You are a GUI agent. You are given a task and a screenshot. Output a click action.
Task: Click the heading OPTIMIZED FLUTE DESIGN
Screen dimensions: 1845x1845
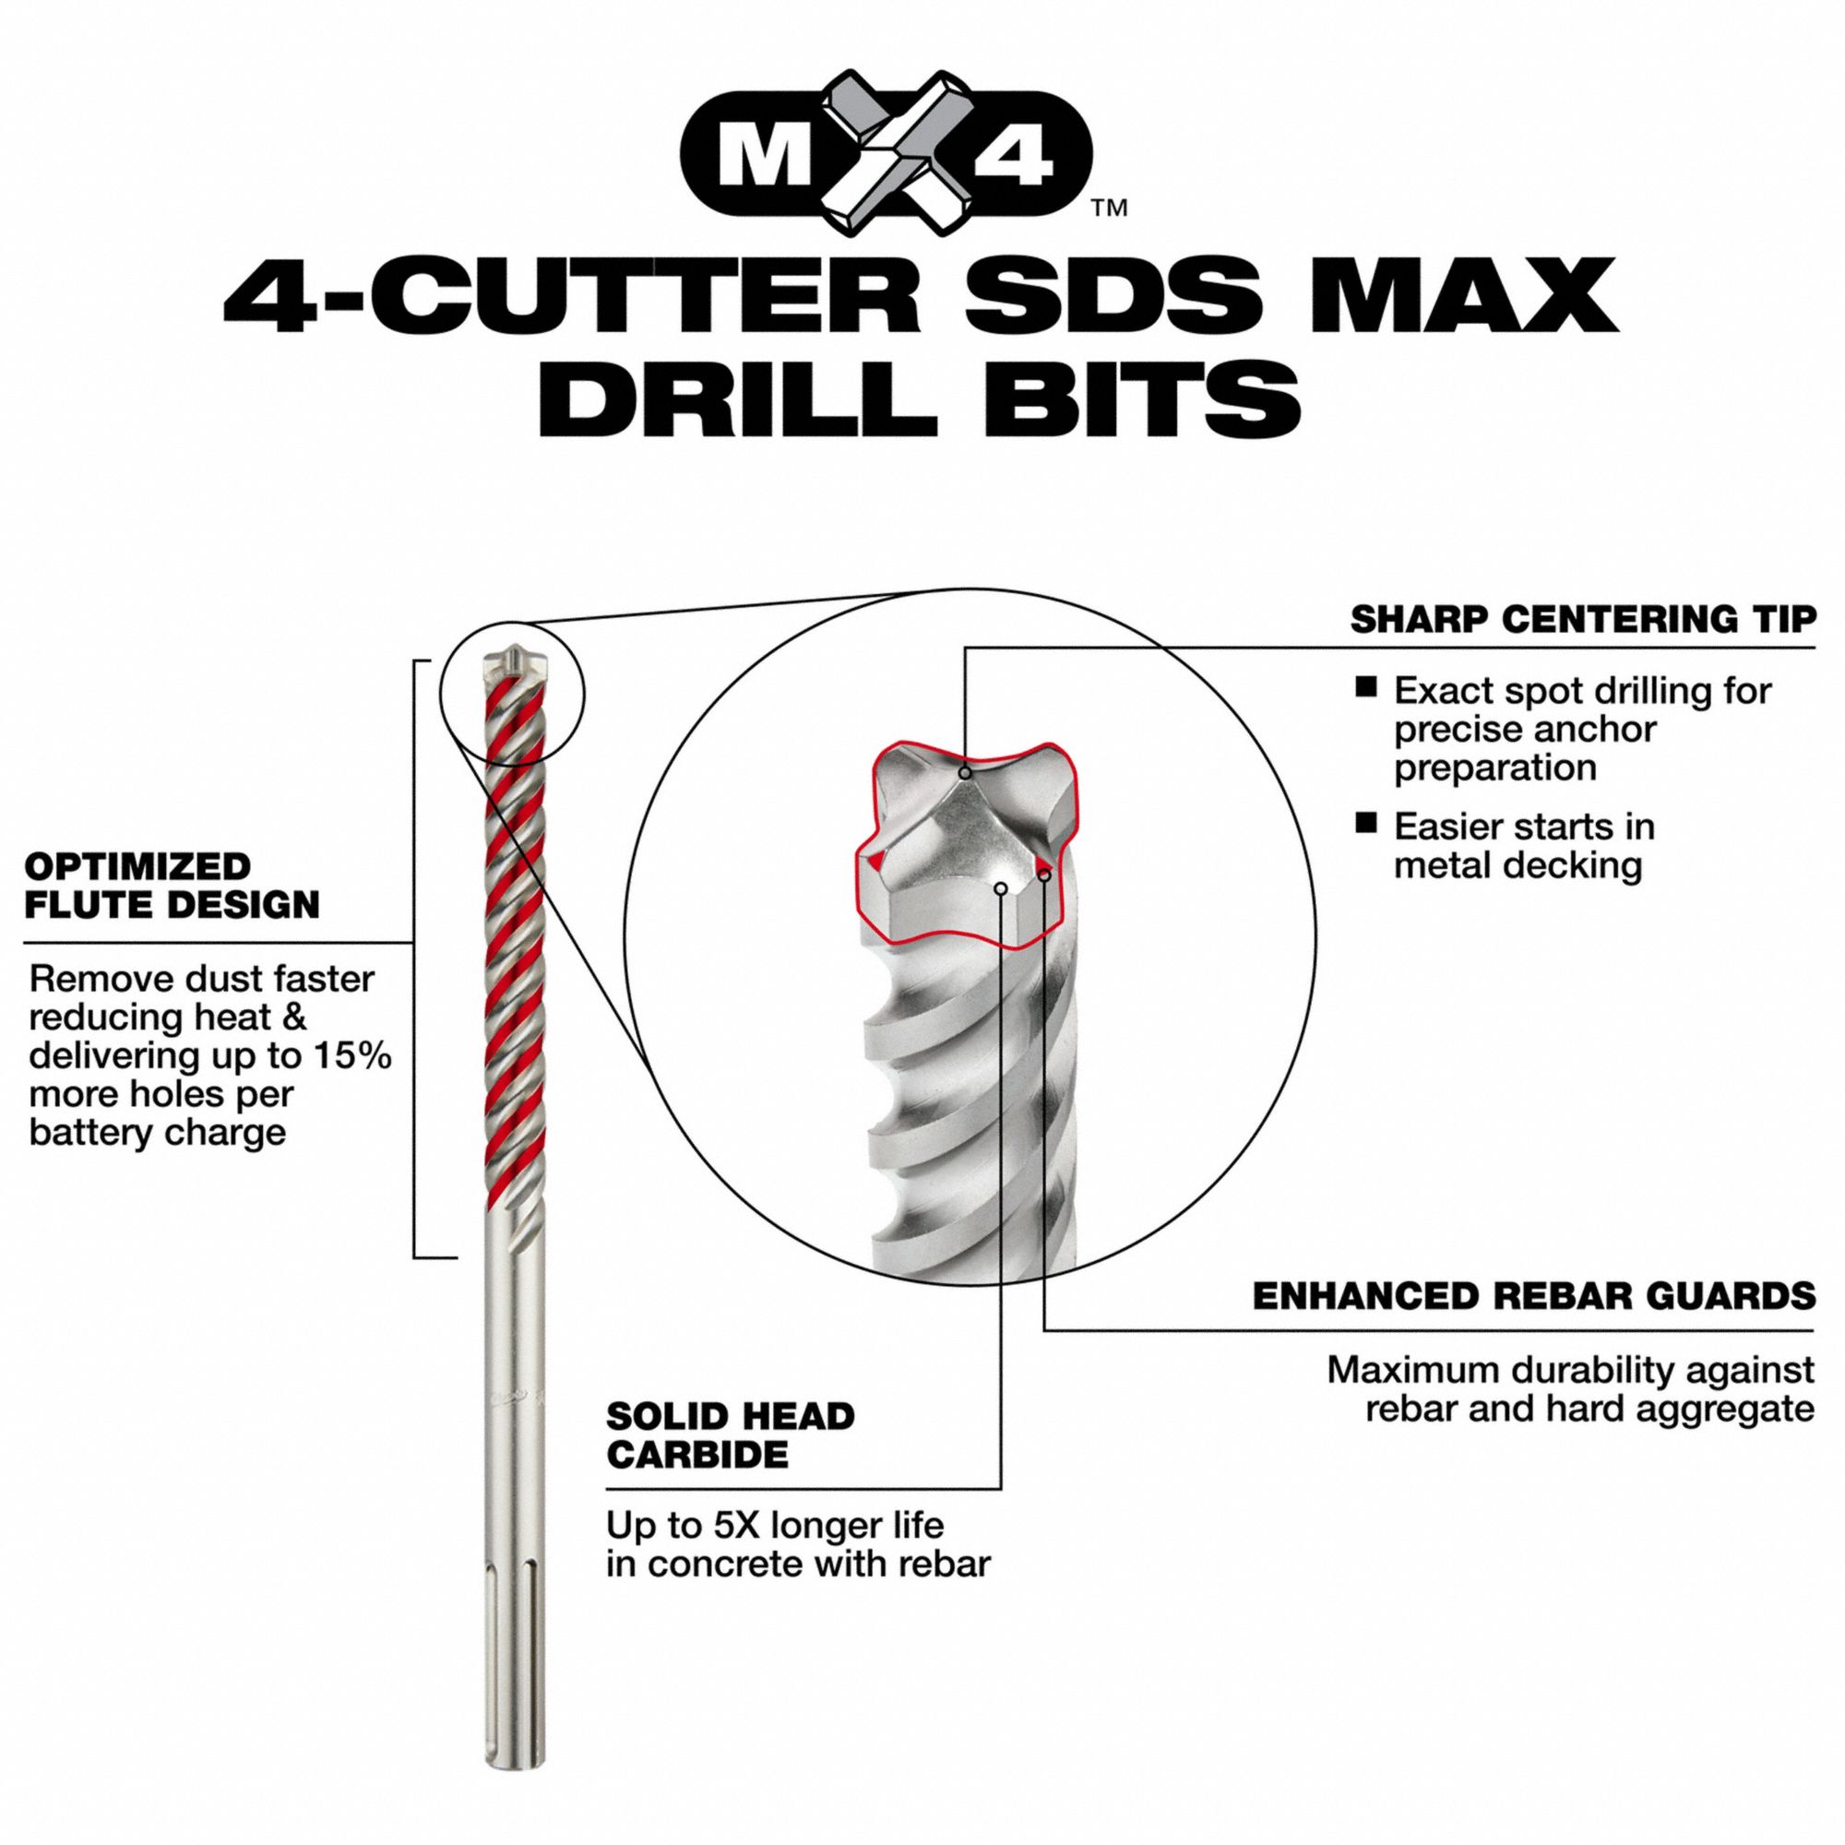(x=172, y=886)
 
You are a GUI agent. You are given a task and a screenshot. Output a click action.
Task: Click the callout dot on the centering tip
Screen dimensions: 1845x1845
(x=966, y=772)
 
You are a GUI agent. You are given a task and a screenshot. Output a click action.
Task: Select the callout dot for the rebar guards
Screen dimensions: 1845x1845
(x=1045, y=874)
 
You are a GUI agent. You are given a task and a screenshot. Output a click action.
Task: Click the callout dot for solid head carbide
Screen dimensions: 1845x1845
(x=1001, y=888)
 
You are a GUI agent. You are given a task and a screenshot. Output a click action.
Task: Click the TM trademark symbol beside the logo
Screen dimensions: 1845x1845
(x=1110, y=208)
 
